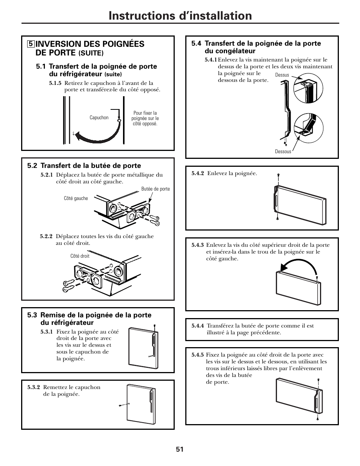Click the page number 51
[x=179, y=449]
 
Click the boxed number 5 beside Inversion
[x=30, y=44]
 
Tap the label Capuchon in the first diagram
[x=99, y=118]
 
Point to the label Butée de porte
[x=155, y=189]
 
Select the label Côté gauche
[x=76, y=198]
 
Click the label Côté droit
[x=80, y=256]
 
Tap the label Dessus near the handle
[x=282, y=75]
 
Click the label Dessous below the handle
[x=283, y=152]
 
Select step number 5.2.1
[x=47, y=175]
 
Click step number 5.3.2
[x=34, y=388]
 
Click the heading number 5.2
[x=32, y=166]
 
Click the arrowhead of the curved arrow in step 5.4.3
[x=283, y=268]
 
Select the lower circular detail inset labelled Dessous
[x=309, y=128]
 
